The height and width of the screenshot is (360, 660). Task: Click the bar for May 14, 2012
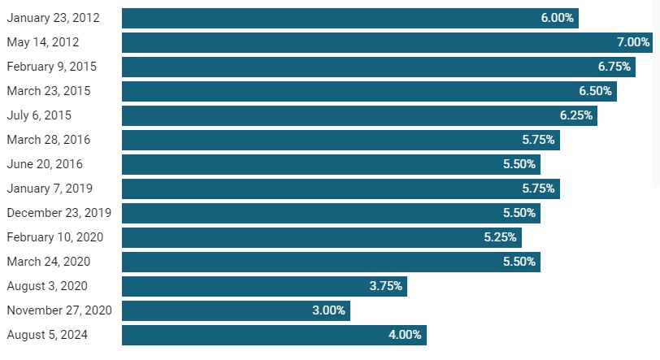click(387, 42)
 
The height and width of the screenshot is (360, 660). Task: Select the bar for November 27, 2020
click(237, 310)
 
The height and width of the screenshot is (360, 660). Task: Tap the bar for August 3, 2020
click(264, 286)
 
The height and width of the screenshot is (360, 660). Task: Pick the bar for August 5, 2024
click(275, 335)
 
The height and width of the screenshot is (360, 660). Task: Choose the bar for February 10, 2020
click(322, 237)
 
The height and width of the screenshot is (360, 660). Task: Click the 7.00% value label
click(633, 42)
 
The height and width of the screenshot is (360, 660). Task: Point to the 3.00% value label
click(328, 310)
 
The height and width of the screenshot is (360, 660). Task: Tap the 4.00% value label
click(405, 335)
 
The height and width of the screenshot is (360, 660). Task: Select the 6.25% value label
click(576, 115)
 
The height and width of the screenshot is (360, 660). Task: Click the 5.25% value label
click(500, 237)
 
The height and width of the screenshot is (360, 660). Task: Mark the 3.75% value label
click(386, 286)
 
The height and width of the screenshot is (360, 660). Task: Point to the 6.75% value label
click(614, 67)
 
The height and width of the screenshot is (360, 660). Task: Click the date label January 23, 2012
click(54, 18)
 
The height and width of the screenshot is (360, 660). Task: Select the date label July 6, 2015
click(39, 115)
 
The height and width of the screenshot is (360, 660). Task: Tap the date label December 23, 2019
click(59, 213)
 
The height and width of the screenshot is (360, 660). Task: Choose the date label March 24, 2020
click(49, 262)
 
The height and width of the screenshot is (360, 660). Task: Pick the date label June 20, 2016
click(45, 164)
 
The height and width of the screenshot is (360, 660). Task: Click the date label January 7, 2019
click(50, 189)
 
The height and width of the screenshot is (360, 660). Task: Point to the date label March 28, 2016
click(49, 140)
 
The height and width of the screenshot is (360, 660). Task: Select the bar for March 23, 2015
click(370, 91)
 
